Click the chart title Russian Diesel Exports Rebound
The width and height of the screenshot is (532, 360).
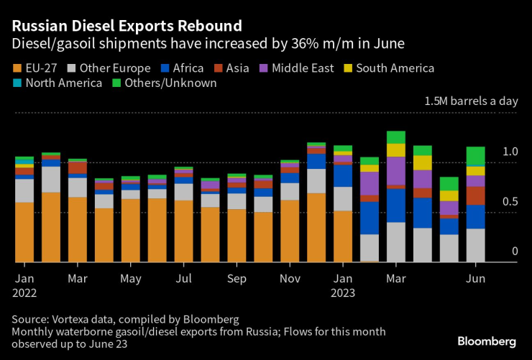pos(127,26)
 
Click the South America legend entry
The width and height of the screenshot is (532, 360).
pos(388,69)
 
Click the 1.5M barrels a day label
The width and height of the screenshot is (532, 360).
pos(471,101)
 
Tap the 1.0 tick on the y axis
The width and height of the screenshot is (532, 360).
pos(510,152)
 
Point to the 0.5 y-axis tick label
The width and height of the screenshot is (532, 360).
pos(510,202)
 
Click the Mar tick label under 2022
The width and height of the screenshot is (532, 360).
pos(78,278)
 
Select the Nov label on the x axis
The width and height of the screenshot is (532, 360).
pos(290,278)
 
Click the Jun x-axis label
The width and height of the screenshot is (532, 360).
pos(475,278)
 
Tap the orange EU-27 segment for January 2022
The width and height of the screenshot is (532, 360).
pos(24,232)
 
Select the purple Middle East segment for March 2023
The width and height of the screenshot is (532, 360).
pos(396,171)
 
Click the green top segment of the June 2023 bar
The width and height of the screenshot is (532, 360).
pos(475,156)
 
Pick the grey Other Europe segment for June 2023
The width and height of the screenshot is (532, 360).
pos(475,245)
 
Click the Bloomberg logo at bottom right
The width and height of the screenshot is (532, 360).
pos(487,341)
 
